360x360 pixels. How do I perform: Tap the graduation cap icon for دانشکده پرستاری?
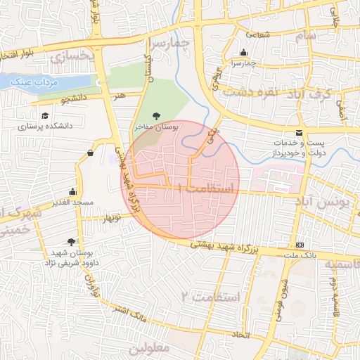45,116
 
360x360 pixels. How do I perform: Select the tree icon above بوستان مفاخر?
156,116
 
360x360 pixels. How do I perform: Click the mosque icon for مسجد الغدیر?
72,192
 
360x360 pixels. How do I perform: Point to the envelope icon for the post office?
300,133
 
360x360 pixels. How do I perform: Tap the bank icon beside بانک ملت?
300,245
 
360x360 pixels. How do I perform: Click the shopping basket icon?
91,153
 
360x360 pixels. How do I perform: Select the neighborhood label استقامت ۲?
210,297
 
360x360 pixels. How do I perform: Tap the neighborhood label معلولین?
150,347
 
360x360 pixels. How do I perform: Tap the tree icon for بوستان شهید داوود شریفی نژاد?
70,242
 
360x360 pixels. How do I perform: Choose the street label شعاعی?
257,34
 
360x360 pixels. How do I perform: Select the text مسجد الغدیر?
72,202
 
